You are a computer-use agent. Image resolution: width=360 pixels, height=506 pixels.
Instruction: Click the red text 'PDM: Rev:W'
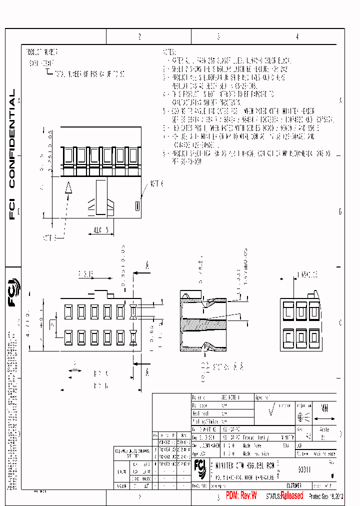point(241,495)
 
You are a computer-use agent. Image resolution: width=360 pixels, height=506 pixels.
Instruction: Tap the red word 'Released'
point(291,495)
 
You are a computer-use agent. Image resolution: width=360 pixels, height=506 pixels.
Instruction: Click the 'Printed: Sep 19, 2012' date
point(327,496)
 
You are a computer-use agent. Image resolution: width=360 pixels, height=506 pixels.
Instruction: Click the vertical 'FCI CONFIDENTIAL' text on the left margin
point(12,154)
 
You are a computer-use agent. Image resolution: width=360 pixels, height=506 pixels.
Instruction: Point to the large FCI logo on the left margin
point(13,295)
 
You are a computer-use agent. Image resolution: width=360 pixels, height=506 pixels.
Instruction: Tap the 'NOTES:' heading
point(169,51)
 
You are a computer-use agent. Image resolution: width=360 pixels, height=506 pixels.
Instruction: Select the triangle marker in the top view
point(69,188)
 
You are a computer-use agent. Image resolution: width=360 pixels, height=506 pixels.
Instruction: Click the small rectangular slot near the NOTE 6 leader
point(137,205)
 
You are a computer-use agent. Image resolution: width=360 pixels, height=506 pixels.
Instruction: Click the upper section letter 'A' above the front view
point(147,265)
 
